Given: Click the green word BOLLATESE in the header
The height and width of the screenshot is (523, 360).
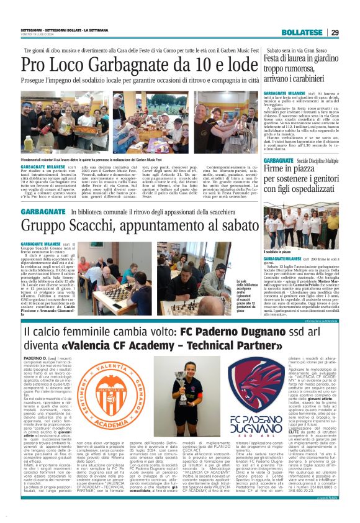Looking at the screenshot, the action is pos(304,32).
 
